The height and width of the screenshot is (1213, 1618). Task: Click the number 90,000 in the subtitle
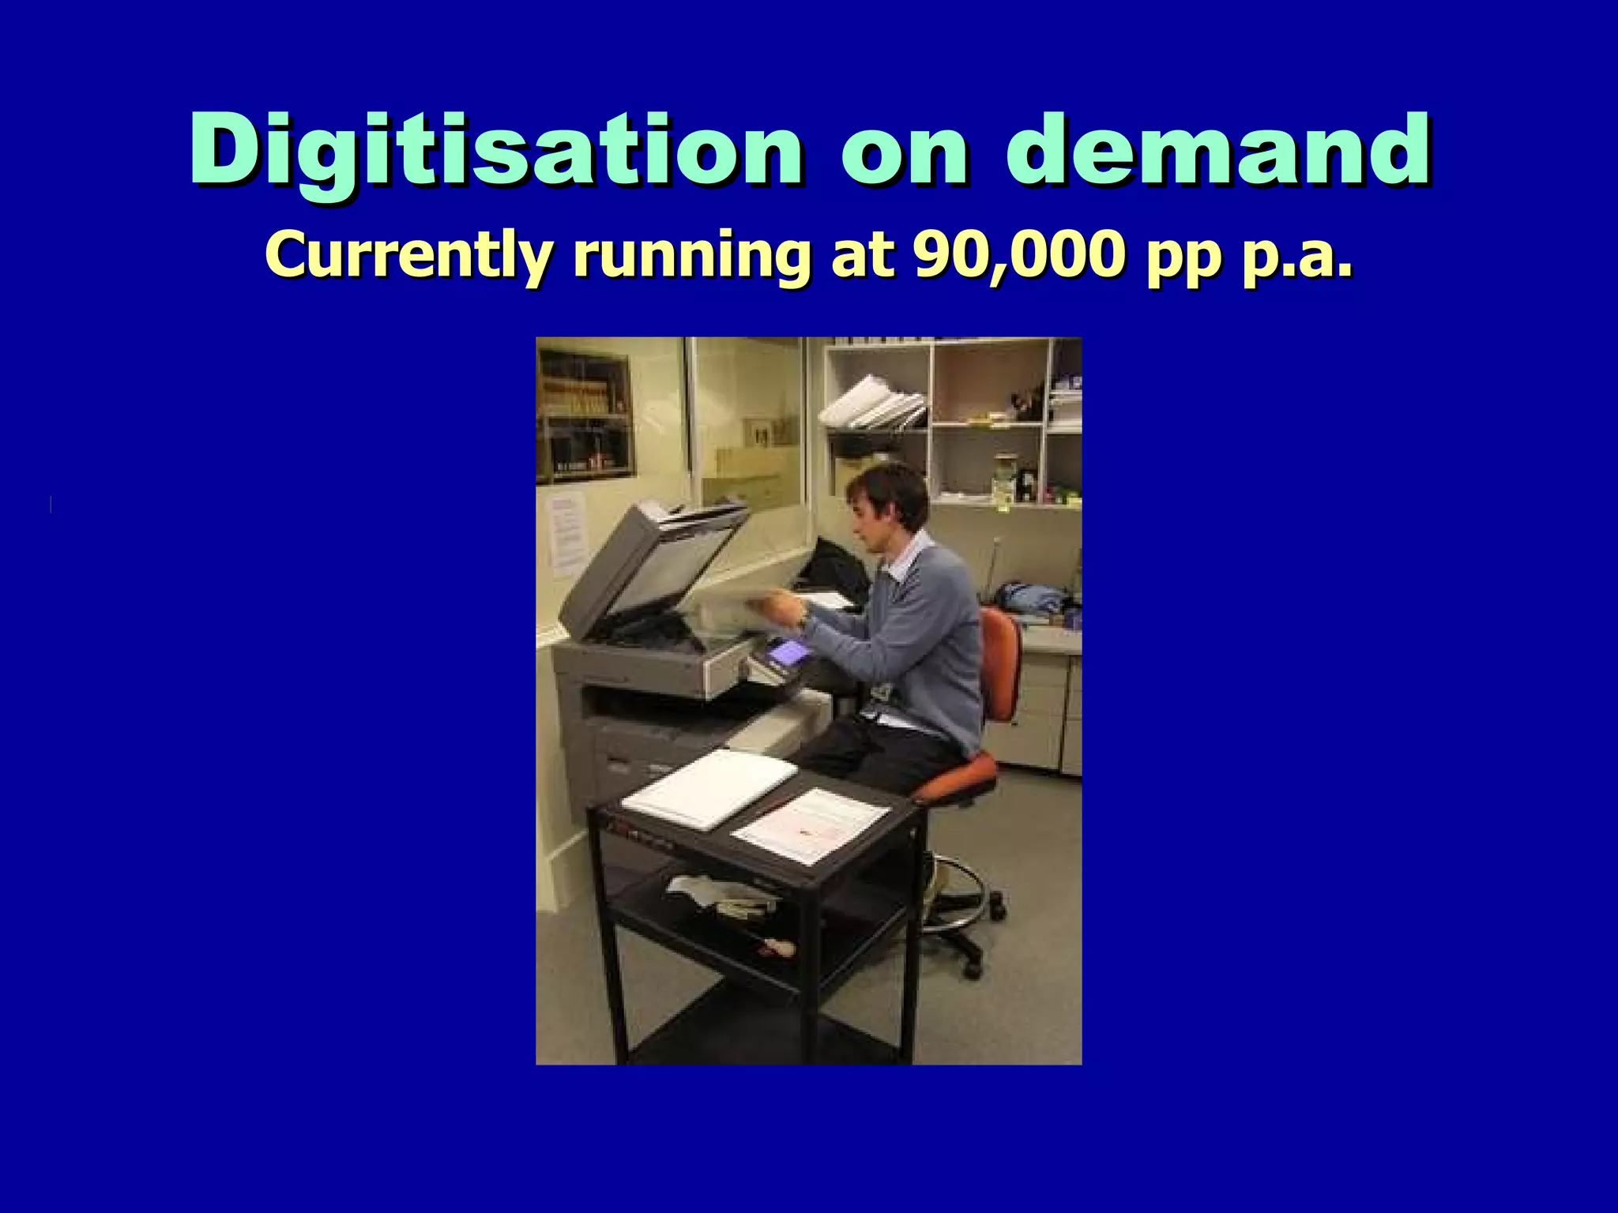pos(1018,254)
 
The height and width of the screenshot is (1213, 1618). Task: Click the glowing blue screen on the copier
pos(788,652)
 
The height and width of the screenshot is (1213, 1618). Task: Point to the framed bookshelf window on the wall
pos(585,414)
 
